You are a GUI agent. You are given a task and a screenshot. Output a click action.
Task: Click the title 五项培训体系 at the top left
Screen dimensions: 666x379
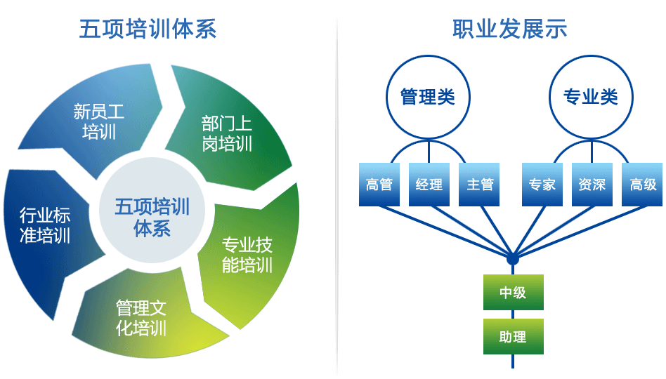[148, 29]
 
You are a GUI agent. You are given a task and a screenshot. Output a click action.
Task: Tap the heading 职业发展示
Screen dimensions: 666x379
[510, 29]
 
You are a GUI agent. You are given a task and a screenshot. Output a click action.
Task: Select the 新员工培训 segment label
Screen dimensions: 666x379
[99, 121]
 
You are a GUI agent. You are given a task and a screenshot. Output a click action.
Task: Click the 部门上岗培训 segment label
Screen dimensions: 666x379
[227, 133]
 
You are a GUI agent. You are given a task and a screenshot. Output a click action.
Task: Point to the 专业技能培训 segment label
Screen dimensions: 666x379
[247, 255]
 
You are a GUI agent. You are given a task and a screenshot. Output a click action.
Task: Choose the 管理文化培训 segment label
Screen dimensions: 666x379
[141, 318]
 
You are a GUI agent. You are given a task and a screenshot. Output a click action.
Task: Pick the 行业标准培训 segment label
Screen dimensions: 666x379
[45, 225]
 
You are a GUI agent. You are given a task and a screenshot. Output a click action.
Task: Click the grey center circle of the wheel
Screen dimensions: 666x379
[152, 210]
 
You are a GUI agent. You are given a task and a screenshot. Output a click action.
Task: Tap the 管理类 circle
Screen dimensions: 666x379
[428, 97]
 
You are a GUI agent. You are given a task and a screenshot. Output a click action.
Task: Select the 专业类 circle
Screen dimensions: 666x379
[591, 97]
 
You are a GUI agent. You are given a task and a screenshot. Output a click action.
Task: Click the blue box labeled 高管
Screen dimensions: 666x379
[379, 185]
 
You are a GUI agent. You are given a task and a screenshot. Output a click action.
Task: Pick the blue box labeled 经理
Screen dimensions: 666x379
[429, 185]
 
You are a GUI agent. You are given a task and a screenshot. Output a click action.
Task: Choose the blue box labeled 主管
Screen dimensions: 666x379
[479, 185]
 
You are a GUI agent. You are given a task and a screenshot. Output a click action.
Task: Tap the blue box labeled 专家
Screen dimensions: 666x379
[542, 185]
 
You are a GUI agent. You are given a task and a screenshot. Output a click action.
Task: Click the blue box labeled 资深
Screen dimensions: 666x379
[592, 185]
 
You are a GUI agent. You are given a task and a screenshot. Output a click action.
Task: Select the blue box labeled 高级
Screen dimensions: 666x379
[642, 185]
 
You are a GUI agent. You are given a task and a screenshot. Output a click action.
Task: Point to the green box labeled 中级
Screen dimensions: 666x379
[513, 293]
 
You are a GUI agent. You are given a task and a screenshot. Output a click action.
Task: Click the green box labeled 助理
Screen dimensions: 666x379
[513, 337]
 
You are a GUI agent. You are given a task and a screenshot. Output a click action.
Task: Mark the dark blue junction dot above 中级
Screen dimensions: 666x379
[513, 258]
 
